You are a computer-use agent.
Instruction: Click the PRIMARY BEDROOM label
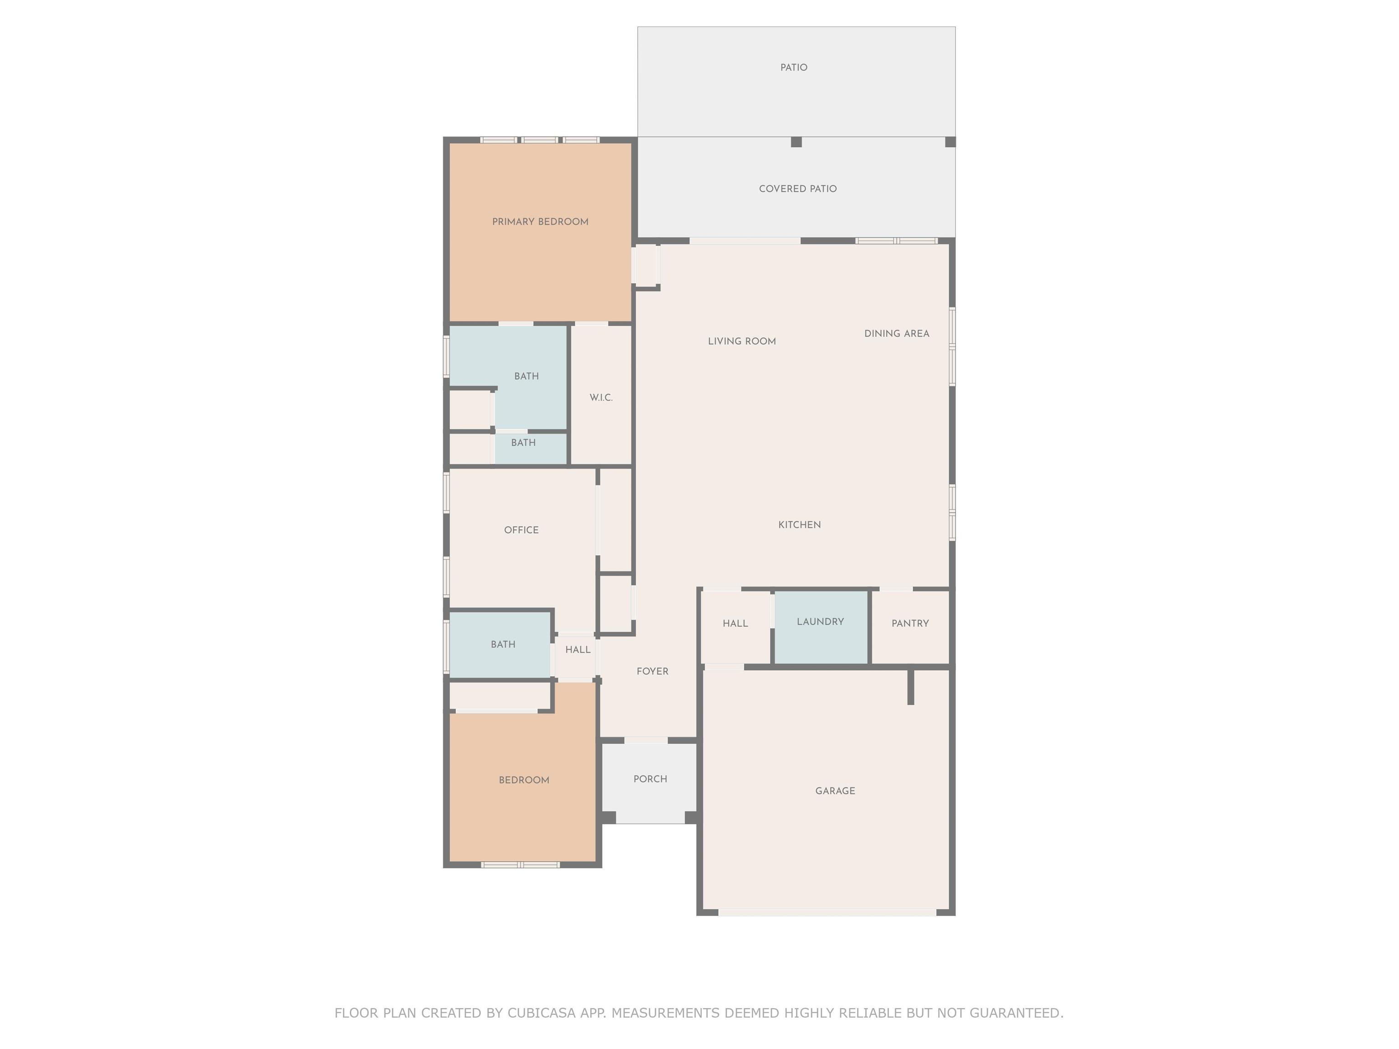[540, 222]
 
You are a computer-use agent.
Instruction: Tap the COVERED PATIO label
[797, 189]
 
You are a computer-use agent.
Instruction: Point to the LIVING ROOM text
[742, 341]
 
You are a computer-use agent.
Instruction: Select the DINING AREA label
[897, 334]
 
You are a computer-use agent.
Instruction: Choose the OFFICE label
[521, 530]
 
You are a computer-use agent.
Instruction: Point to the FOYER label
[652, 672]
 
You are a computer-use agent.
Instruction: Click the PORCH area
[649, 783]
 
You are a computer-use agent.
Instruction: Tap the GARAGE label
[835, 791]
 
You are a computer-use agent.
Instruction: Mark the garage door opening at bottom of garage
[827, 912]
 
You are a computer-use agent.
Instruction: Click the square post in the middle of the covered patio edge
[796, 142]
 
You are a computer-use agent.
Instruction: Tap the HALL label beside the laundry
[735, 623]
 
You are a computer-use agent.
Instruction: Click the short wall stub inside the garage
[911, 686]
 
